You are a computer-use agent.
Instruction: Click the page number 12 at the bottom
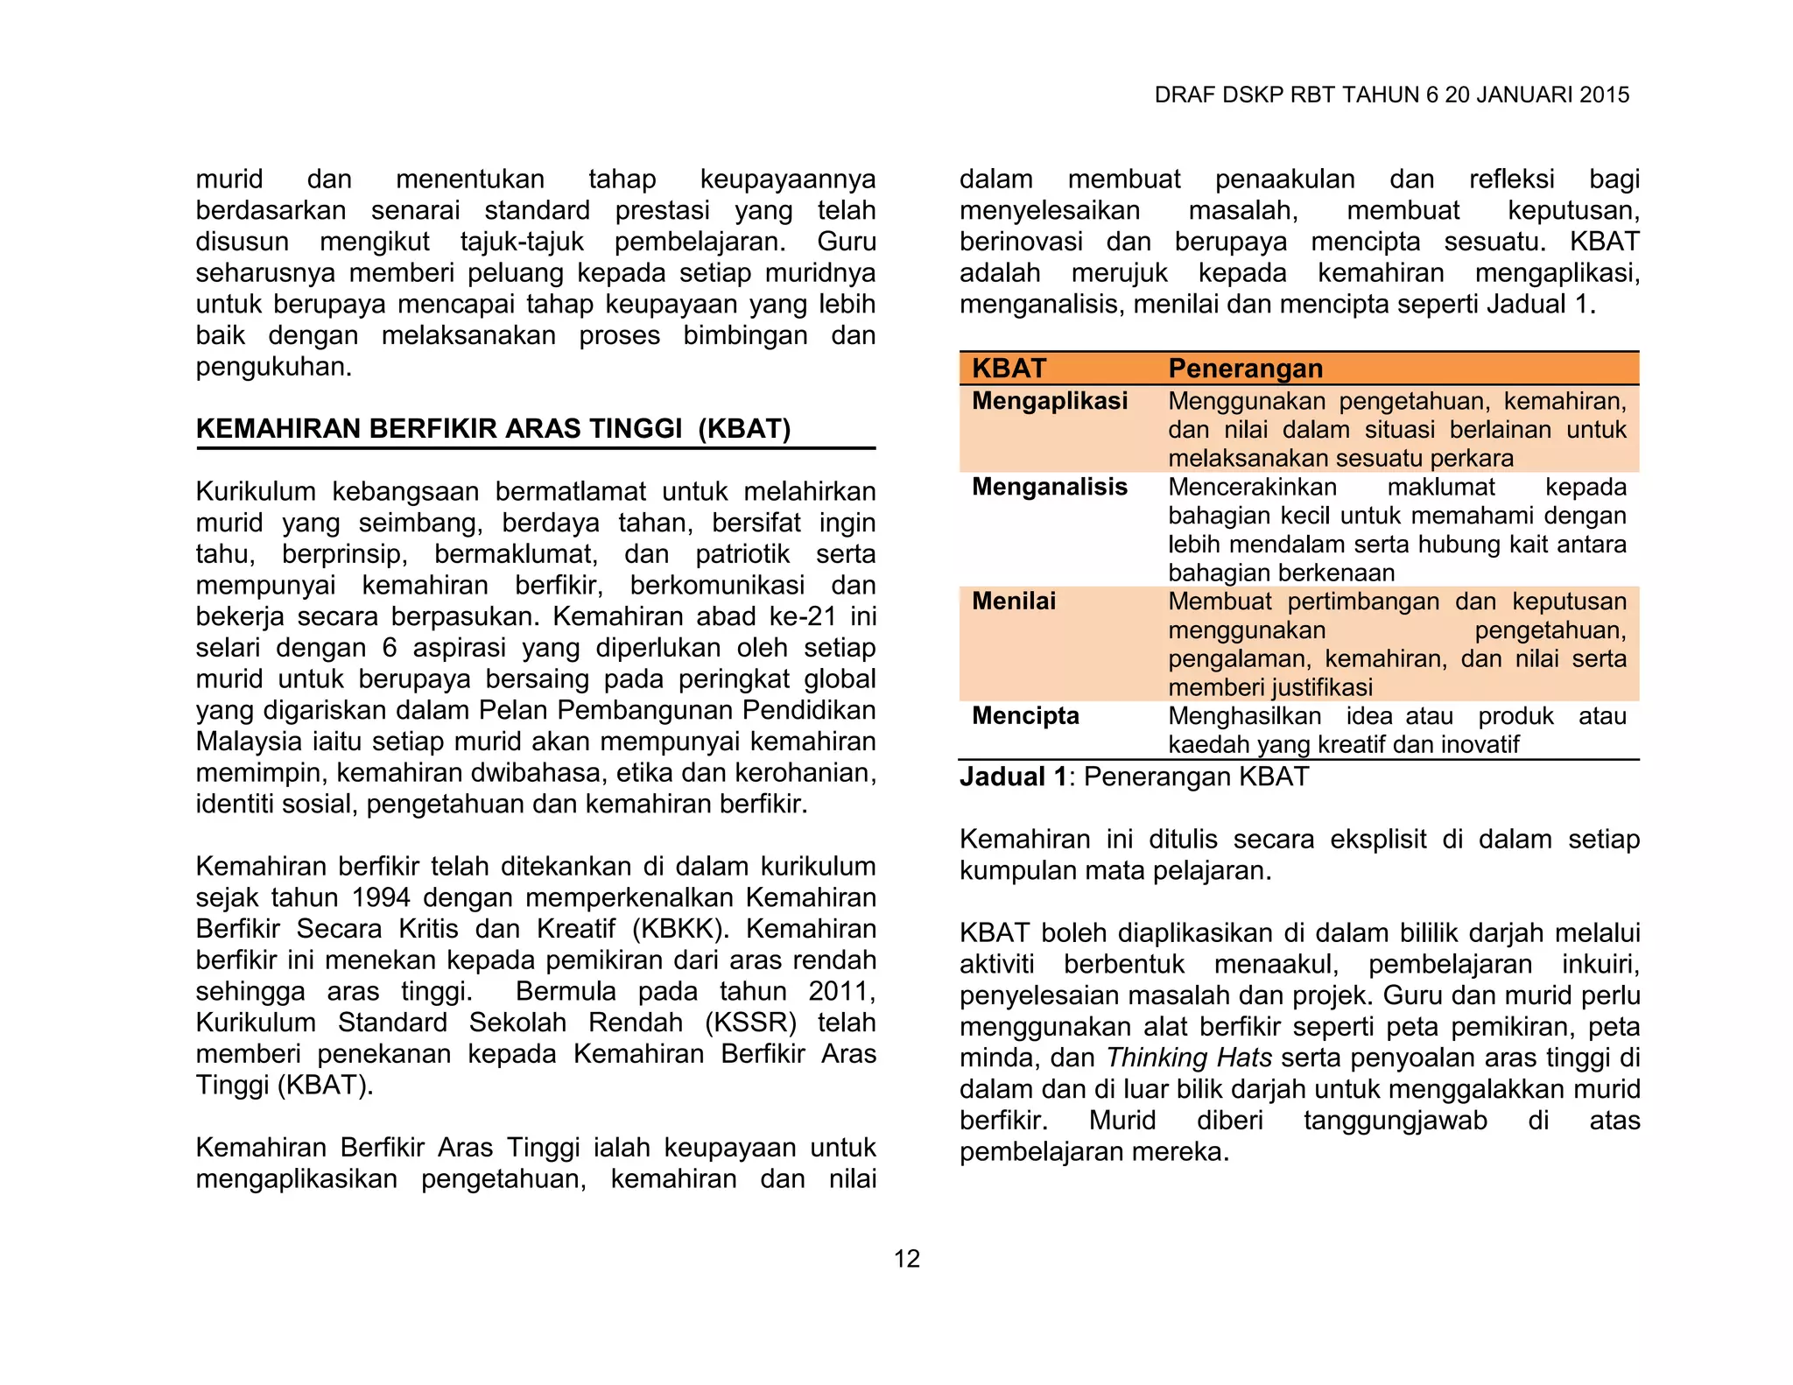click(906, 1258)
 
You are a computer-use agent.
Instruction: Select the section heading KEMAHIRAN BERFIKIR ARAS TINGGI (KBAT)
click(493, 428)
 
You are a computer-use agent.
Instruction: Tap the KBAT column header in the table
click(1009, 369)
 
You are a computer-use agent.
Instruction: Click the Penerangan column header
click(1245, 369)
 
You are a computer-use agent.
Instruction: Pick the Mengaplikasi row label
click(1049, 401)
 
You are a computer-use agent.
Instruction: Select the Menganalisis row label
click(1049, 487)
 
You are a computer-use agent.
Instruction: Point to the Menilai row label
click(1013, 601)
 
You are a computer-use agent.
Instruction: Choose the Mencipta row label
click(1025, 716)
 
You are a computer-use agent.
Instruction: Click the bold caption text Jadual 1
click(1013, 777)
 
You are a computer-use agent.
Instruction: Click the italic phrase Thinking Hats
click(1188, 1058)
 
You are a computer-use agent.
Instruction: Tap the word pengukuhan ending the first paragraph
click(273, 367)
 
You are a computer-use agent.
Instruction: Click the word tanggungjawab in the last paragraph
click(1395, 1121)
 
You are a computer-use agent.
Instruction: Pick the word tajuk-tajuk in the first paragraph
click(522, 242)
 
